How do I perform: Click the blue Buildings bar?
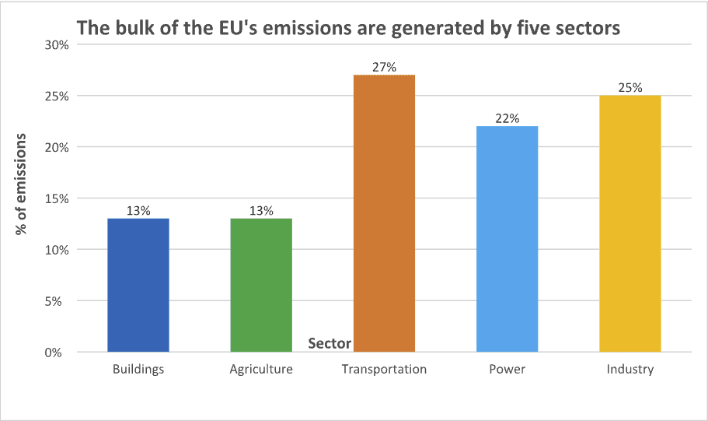(x=138, y=285)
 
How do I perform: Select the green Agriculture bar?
(x=261, y=285)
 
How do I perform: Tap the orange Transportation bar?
(x=384, y=213)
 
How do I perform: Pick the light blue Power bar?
(x=507, y=239)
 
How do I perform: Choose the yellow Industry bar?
(x=630, y=223)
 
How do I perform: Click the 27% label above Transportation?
(x=384, y=67)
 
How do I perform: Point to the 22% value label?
(x=507, y=118)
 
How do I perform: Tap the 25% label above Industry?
(x=630, y=87)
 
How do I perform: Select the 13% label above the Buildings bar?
(x=138, y=210)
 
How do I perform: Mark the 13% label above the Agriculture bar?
(x=261, y=210)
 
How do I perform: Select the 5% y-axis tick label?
(x=61, y=301)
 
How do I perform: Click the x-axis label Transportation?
(x=384, y=370)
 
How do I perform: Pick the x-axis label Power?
(x=507, y=370)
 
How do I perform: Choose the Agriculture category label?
(x=261, y=370)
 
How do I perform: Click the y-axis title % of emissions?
(x=23, y=184)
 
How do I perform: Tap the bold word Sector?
(x=330, y=343)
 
